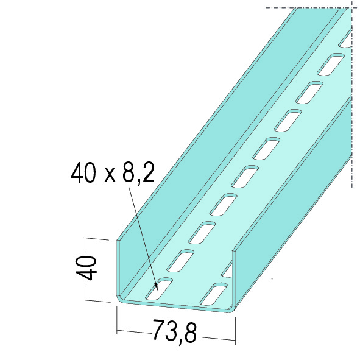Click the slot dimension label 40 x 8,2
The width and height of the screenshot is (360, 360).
[113, 172]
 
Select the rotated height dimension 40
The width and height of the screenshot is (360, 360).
[86, 268]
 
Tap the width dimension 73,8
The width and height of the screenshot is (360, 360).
[174, 331]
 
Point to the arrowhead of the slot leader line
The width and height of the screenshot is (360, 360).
[157, 288]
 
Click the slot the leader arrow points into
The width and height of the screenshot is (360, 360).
[159, 289]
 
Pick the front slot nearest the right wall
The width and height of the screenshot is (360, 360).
[214, 294]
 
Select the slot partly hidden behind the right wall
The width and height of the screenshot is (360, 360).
[227, 269]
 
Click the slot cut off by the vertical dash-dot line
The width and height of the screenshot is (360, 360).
[346, 38]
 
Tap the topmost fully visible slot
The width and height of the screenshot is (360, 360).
[331, 65]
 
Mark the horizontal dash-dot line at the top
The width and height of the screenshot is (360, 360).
[309, 7]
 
